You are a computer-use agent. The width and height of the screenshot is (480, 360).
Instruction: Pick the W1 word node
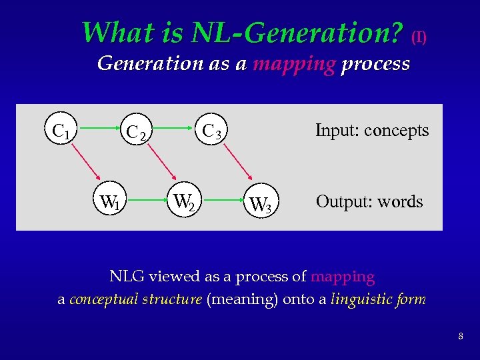[x=109, y=201]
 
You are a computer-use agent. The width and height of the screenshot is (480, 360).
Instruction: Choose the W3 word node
[x=259, y=203]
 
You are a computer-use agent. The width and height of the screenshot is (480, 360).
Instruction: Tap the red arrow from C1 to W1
[x=86, y=166]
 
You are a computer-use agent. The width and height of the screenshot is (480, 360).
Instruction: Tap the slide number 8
[x=461, y=337]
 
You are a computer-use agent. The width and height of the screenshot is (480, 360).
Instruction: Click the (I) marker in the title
[x=419, y=37]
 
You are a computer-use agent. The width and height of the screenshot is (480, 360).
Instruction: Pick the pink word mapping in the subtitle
[x=294, y=64]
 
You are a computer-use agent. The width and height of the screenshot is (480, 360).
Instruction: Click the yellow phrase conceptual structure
[x=135, y=299]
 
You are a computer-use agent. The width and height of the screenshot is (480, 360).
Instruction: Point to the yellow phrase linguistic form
[x=378, y=299]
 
